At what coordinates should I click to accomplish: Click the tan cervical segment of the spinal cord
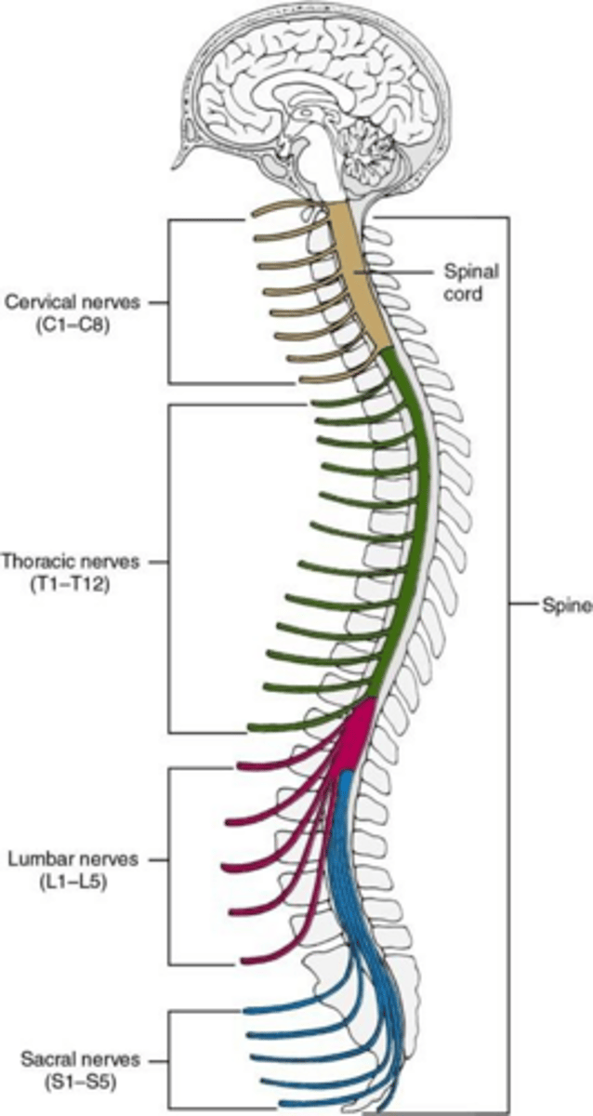pyautogui.click(x=358, y=279)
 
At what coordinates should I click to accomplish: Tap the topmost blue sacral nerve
pyautogui.click(x=279, y=1008)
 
